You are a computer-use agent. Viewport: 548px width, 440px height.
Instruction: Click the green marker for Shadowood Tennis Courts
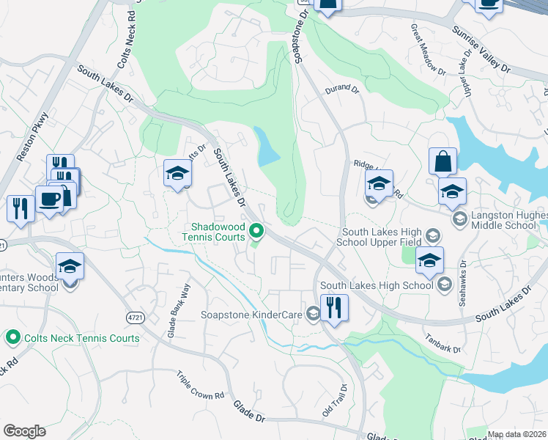256,232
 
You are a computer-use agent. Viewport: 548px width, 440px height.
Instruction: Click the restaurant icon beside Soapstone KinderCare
333,307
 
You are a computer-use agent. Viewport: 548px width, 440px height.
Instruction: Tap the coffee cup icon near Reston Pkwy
49,199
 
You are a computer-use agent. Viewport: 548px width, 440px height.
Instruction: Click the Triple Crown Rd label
200,385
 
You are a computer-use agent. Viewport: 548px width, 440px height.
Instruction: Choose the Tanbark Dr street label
443,344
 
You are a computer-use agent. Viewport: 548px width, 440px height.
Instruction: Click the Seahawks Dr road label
463,277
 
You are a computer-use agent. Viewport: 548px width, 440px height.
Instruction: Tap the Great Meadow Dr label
428,48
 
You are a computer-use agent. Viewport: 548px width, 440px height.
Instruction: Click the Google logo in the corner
24,431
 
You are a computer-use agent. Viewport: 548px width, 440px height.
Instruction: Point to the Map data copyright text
516,434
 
